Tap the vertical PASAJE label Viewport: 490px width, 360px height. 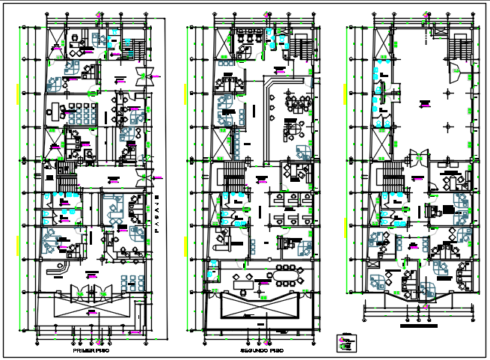[x=158, y=216]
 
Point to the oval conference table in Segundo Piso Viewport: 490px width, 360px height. [x=286, y=277]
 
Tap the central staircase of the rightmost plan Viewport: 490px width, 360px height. [x=390, y=180]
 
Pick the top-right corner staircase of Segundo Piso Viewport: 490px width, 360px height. [x=298, y=49]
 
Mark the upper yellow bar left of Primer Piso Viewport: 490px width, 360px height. [x=18, y=94]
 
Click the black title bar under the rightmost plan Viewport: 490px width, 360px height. [x=419, y=326]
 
